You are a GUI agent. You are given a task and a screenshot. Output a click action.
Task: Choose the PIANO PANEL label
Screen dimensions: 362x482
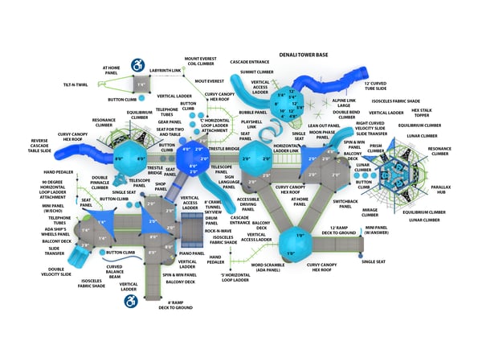[x=192, y=253]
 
